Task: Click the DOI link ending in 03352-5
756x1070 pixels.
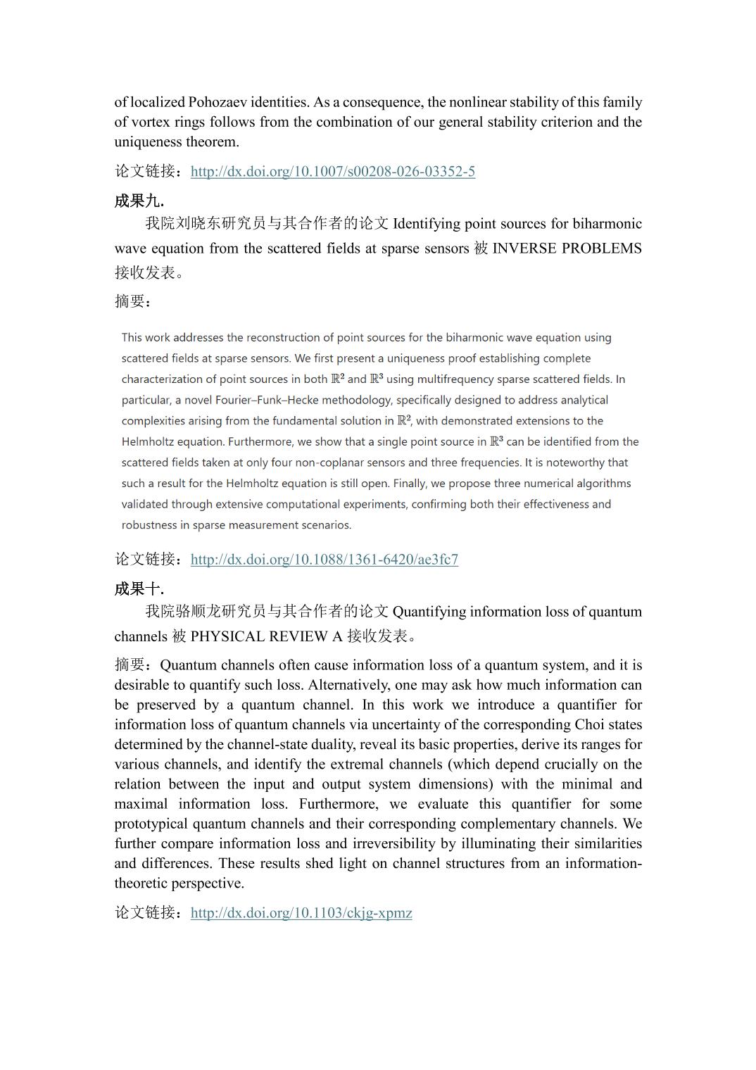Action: click(x=332, y=171)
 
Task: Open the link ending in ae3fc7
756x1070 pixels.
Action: click(x=324, y=560)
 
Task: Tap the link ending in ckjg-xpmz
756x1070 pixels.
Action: click(x=301, y=913)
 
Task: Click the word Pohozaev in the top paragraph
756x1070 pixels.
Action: click(x=222, y=102)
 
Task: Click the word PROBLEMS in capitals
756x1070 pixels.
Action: click(x=602, y=248)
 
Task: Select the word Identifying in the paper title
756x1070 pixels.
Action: click(x=426, y=224)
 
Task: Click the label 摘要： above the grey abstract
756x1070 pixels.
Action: click(x=133, y=301)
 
